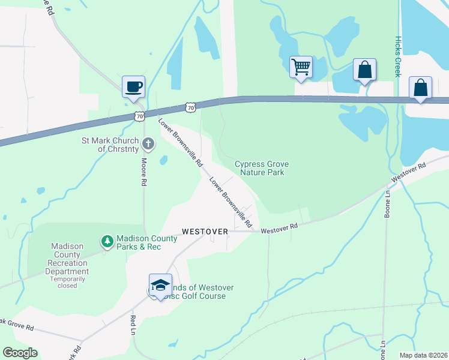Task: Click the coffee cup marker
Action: (133, 87)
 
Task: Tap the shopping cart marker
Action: (300, 67)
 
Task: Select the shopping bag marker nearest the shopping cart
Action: (364, 70)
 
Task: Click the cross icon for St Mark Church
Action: (148, 144)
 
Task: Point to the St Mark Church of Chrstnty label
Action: (110, 145)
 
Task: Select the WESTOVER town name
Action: (205, 231)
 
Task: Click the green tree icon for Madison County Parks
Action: (107, 241)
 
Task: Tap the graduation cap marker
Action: (160, 285)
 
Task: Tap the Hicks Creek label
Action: (397, 56)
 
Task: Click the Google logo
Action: (20, 353)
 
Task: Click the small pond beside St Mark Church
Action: (163, 160)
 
